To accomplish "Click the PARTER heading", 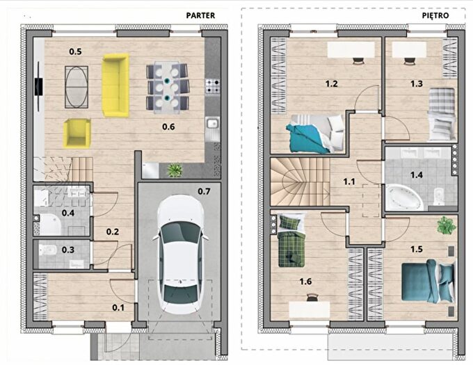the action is point(200,15).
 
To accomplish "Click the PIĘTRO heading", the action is point(435,15).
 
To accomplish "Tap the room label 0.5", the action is point(75,51).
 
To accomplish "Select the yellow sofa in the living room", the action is point(115,85).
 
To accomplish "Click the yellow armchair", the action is point(77,133).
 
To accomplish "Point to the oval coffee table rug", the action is point(77,87).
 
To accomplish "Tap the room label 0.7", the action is point(204,191).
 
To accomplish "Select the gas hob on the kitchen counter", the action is point(213,86).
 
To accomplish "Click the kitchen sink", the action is point(213,124).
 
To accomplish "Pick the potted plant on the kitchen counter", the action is point(175,170).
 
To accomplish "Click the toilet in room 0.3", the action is point(48,250).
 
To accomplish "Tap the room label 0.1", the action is point(118,307).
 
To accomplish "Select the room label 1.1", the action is point(349,181).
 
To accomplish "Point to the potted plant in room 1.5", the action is point(447,225).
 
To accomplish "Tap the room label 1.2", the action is point(331,83).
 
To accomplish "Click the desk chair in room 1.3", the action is point(409,60).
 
